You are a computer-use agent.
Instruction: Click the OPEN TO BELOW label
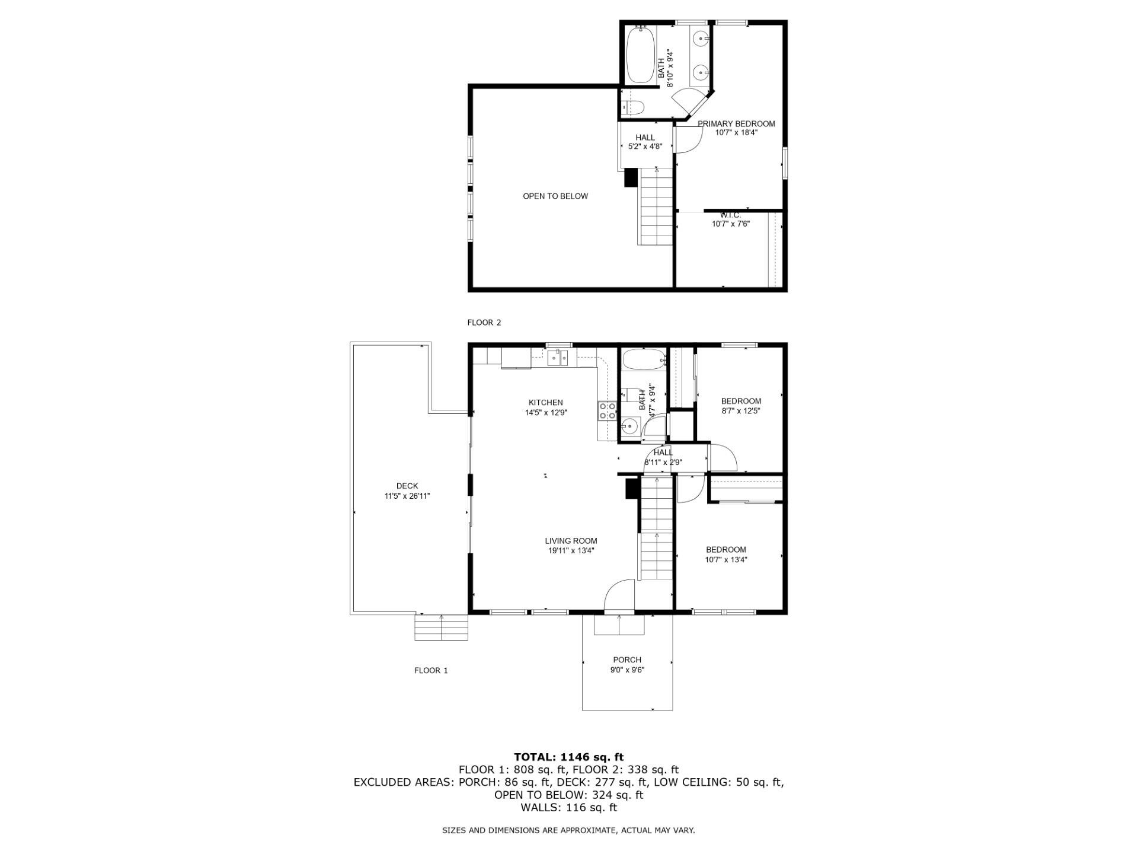coord(555,196)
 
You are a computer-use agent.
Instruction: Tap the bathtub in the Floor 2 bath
coord(640,56)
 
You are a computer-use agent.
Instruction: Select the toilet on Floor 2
coord(633,107)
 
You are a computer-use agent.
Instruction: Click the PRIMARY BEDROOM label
coord(736,124)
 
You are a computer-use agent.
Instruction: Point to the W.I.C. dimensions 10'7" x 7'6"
coord(731,224)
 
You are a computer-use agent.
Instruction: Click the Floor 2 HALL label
coord(645,138)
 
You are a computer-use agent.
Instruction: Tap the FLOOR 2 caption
coord(484,323)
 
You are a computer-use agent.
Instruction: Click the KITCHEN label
coord(545,403)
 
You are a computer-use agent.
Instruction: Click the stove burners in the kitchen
coord(607,411)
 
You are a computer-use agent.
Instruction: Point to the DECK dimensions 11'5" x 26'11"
coord(407,496)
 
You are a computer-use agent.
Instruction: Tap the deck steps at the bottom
coord(441,627)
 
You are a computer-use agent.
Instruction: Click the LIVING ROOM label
coord(571,541)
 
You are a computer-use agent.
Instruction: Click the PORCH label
coord(627,659)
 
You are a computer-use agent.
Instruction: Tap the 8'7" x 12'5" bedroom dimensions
coord(740,410)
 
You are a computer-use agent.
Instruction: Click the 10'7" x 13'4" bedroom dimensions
coord(725,559)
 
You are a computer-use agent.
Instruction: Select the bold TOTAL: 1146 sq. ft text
coord(568,757)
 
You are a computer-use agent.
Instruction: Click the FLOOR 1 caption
coord(431,670)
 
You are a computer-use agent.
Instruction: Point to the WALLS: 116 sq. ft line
coord(568,808)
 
